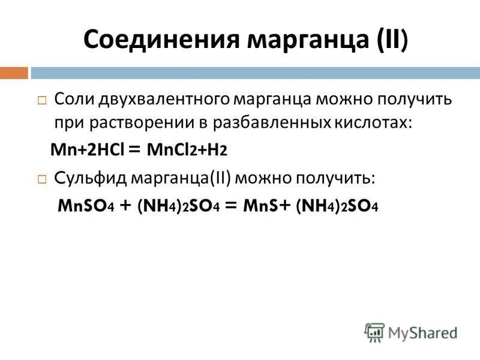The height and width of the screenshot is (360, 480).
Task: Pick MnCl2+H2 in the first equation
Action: point(193,151)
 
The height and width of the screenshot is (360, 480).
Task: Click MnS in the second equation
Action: point(262,206)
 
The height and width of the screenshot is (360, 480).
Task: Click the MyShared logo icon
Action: point(374,332)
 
